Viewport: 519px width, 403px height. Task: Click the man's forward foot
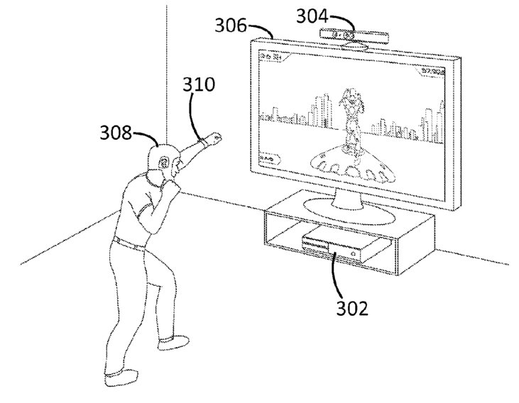pyautogui.click(x=172, y=343)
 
